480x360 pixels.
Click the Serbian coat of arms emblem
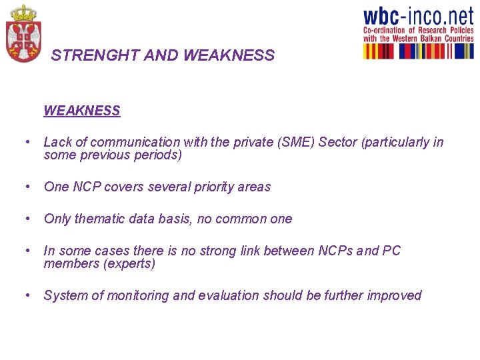pos(23,33)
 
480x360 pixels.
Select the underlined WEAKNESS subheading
pos(82,111)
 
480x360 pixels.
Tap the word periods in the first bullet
pos(160,155)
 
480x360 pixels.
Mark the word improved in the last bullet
pos(396,295)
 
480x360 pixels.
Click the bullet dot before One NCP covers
pos(26,187)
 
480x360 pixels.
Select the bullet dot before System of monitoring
pos(26,295)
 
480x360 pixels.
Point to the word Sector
pos(338,142)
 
